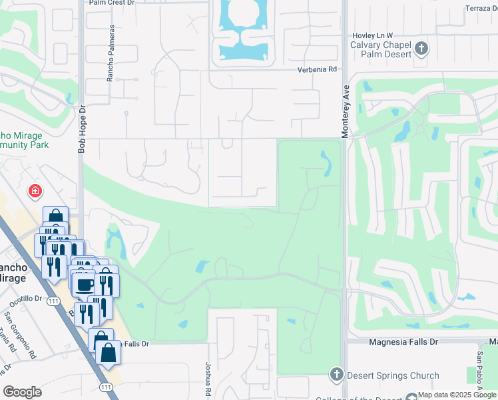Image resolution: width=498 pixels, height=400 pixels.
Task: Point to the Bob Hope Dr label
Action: [x=82, y=129]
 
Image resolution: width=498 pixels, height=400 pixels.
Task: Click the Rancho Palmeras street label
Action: [x=111, y=53]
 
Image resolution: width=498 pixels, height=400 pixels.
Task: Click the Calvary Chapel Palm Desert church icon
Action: [x=421, y=48]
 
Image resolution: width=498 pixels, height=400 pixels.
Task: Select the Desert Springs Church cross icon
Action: [x=336, y=375]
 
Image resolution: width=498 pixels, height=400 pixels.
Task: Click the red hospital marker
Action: [x=35, y=192]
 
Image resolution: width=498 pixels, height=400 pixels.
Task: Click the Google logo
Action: [x=23, y=392]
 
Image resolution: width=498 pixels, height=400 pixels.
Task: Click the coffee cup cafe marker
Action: [x=84, y=285]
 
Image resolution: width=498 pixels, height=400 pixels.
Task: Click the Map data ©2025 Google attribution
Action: [x=457, y=395]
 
